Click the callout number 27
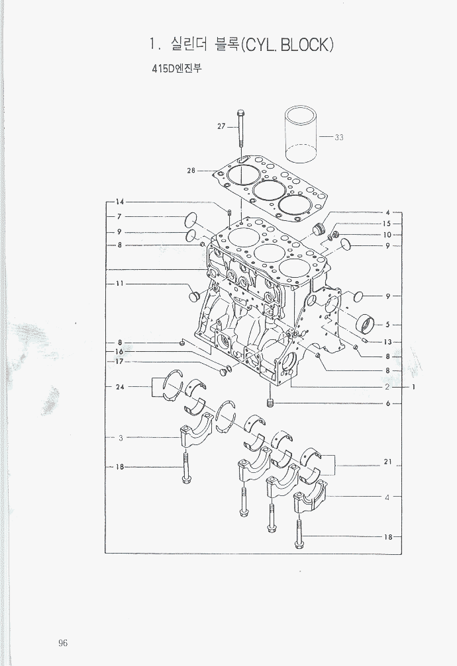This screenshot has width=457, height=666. pos(221,126)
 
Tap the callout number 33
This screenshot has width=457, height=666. pos(338,137)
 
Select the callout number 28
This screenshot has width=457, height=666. pos(191,171)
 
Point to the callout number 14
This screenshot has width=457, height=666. pos(119,202)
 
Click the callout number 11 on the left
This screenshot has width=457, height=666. pos(120,284)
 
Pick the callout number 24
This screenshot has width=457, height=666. pos(120,387)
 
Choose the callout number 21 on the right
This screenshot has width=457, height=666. pos(387,462)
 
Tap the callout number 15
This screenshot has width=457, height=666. pos(387,224)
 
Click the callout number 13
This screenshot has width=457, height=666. pos(387,343)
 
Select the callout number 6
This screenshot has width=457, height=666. pos(387,403)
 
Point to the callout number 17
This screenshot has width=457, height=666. pos(119,362)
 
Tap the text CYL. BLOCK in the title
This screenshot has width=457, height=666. pos(287,44)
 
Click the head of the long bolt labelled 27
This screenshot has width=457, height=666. pos(240,113)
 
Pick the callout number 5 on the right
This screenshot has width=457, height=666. pos(387,325)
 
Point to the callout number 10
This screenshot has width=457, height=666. pos(387,235)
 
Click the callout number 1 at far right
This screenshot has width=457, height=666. pos(413,387)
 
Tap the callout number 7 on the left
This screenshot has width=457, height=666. pos(120,217)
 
